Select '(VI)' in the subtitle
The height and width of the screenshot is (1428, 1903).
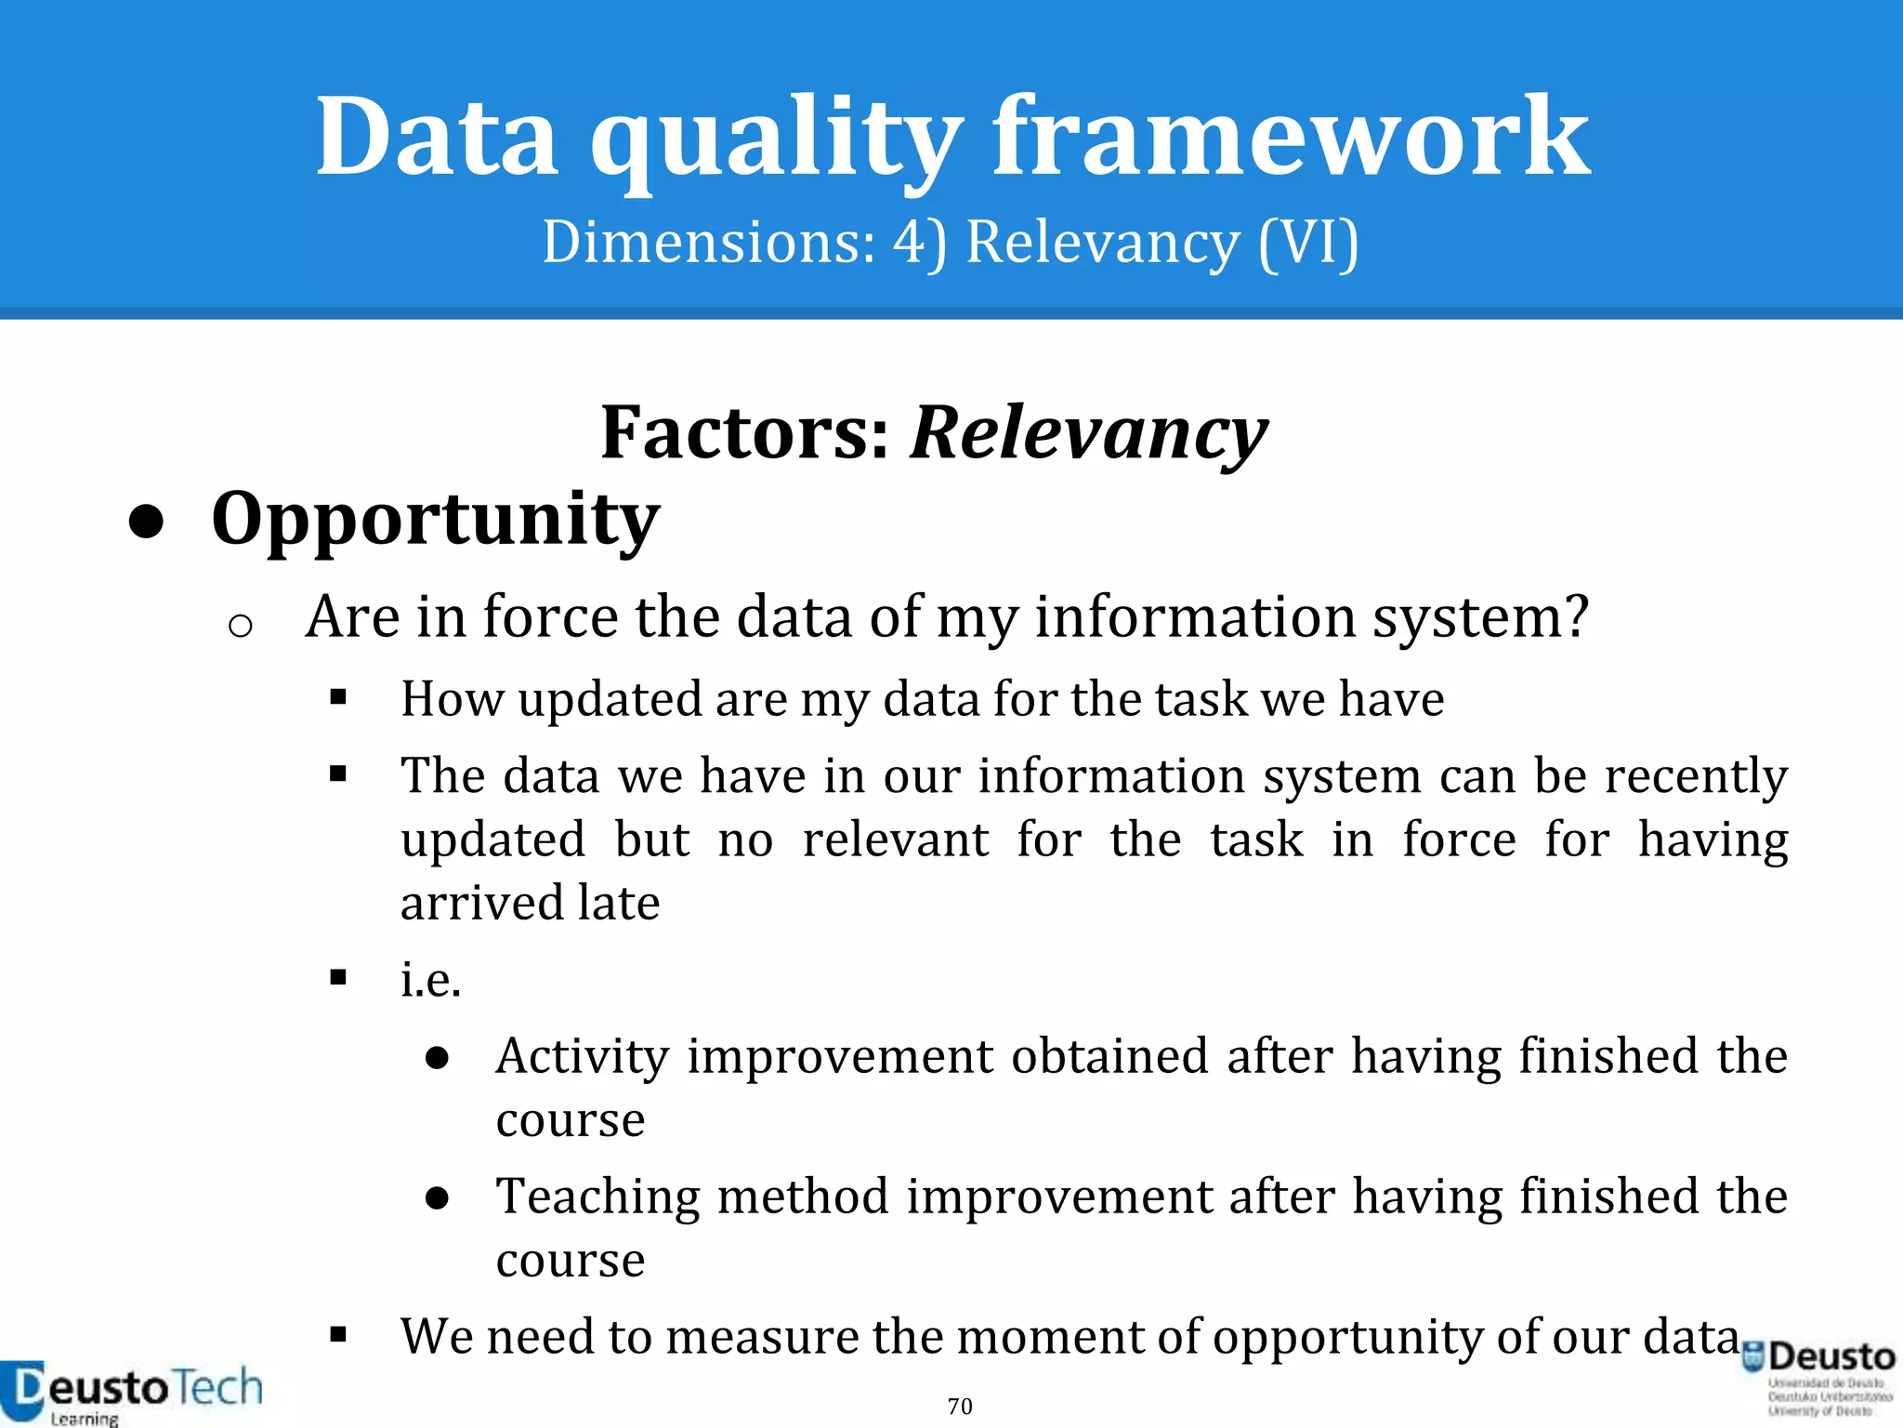(x=1308, y=244)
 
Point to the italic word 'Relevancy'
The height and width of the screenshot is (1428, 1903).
(x=1088, y=433)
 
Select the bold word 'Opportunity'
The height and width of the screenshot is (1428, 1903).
(x=435, y=519)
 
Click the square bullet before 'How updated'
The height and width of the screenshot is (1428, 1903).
(x=338, y=697)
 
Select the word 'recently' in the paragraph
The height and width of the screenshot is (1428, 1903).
(x=1696, y=775)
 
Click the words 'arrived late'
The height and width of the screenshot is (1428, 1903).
(x=530, y=903)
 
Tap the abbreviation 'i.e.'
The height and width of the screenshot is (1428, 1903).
(x=430, y=979)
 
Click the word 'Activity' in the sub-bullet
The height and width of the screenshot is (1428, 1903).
(x=582, y=1057)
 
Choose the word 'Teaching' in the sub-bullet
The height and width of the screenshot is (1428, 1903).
(x=598, y=1197)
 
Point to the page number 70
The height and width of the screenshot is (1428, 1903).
(x=960, y=1406)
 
